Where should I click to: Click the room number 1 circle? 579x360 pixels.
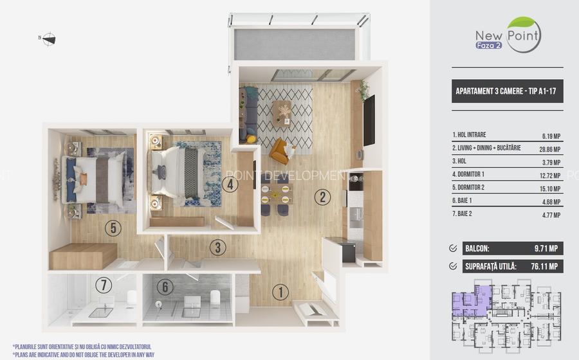[x=280, y=292]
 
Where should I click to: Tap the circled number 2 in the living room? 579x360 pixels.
[x=322, y=197]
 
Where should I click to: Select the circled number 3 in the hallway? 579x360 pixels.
[x=218, y=248]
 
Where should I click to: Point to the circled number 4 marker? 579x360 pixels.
[x=230, y=184]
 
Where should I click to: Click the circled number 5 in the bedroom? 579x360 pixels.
[x=113, y=228]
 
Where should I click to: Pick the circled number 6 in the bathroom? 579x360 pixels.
[x=165, y=287]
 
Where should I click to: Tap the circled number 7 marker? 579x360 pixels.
[x=104, y=285]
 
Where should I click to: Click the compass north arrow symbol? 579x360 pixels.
[x=48, y=39]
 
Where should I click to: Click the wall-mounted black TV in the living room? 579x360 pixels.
[x=369, y=121]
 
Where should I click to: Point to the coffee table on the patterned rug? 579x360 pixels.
[x=282, y=113]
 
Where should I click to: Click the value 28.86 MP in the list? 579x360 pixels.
[x=550, y=149]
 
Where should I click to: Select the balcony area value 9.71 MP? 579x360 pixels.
[x=546, y=249]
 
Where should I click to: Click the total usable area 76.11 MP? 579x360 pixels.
[x=544, y=266]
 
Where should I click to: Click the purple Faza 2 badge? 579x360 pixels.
[x=488, y=46]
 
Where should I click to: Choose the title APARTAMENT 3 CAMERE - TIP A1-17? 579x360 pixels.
[x=506, y=91]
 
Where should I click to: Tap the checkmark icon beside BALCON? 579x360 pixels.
[x=453, y=248]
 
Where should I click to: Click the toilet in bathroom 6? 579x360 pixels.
[x=215, y=299]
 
